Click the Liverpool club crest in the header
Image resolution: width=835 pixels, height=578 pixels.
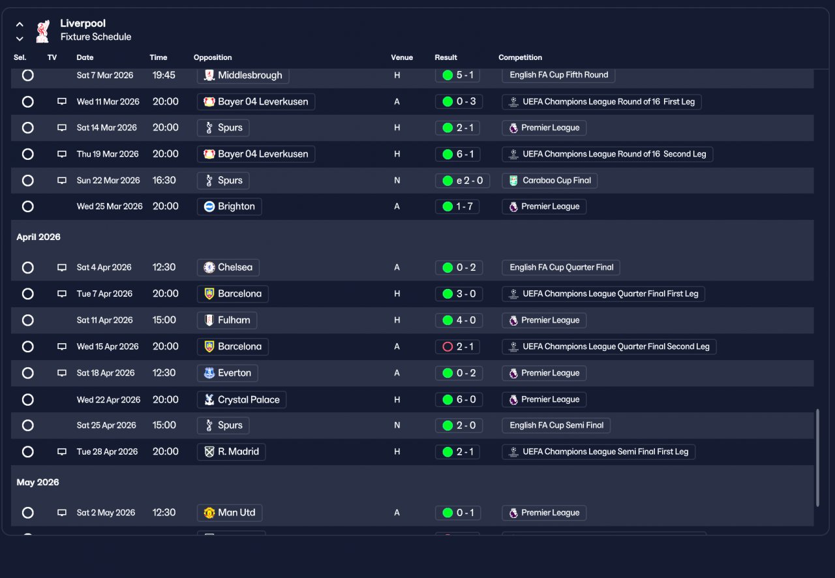click(43, 31)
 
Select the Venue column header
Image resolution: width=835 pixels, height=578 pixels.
click(401, 57)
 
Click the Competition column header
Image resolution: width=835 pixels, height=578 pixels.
click(520, 57)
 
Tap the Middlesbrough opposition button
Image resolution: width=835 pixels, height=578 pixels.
click(243, 75)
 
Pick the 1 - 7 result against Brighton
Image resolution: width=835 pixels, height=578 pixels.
click(457, 207)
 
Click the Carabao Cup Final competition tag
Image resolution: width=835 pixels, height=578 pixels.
click(549, 181)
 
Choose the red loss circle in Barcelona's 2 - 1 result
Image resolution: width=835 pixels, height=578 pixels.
click(448, 347)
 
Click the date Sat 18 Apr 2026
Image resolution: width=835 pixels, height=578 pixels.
click(106, 373)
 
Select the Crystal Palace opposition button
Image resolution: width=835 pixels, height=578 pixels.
click(241, 400)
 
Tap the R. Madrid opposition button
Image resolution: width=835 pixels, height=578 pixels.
click(231, 452)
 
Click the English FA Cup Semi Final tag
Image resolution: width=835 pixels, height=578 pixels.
click(556, 425)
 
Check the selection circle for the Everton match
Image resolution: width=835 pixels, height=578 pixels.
click(27, 373)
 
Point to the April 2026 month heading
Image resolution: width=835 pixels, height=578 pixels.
click(38, 237)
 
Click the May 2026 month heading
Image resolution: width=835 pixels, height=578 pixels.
click(38, 483)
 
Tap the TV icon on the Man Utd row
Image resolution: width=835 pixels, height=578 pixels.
click(62, 513)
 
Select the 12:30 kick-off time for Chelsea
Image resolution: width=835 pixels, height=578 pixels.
click(164, 267)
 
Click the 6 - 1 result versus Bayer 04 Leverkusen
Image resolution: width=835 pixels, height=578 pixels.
click(457, 155)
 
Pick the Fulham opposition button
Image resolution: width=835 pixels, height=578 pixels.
click(226, 320)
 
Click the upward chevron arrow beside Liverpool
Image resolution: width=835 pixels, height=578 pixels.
click(20, 25)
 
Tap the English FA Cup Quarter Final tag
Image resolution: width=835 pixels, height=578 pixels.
click(560, 267)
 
